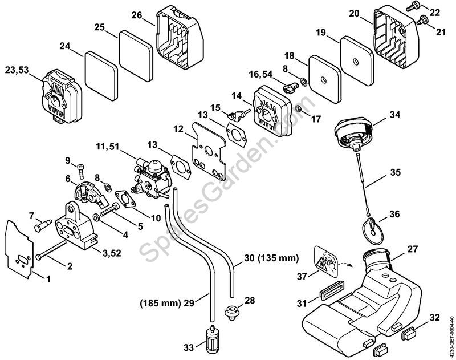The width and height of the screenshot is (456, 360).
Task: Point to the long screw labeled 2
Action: [x=51, y=250]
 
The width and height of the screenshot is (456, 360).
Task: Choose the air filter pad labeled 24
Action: [x=101, y=76]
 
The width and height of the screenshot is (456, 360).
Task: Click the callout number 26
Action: [x=136, y=15]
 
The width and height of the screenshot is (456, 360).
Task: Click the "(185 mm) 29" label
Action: [x=167, y=304]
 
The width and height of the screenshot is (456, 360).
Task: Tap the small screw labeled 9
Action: [x=81, y=171]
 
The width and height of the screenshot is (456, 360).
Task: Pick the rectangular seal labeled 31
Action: [x=332, y=290]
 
